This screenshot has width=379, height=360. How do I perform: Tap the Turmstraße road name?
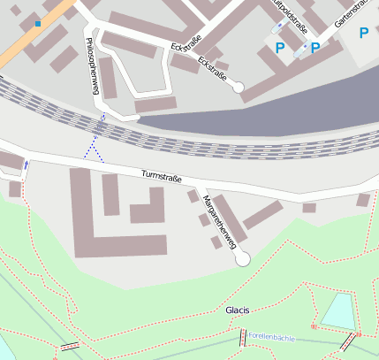(x=162, y=178)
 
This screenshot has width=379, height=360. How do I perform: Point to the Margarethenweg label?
(x=222, y=219)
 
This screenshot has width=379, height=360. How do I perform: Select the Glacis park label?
(x=238, y=310)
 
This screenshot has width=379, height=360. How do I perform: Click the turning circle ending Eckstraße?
(x=237, y=87)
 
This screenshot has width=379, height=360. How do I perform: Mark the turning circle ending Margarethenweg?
(x=242, y=258)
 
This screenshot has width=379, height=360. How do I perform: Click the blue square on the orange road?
(x=37, y=23)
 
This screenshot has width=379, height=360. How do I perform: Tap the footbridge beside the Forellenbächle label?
(x=242, y=338)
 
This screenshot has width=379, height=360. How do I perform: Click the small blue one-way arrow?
(x=26, y=165)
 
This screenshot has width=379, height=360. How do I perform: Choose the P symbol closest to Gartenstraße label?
(x=363, y=34)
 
